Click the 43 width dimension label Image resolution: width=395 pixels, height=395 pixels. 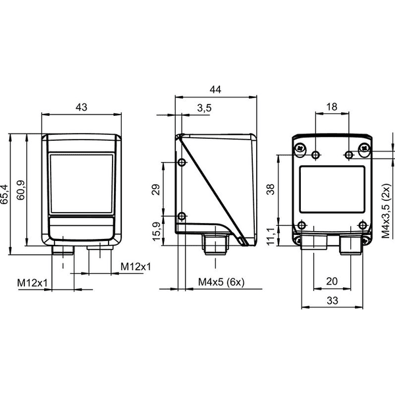pos(82,107)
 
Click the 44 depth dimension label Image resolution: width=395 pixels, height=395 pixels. pos(215,90)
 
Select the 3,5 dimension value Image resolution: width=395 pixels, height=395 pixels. pos(204,108)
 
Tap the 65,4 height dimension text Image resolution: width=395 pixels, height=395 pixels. pos(5,194)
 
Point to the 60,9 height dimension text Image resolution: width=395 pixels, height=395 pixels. pos(20,190)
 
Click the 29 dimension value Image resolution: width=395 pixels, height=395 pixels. pos(156,190)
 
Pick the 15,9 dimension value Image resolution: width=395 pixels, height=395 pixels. pos(156,231)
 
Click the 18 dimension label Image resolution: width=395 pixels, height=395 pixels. pos(332,107)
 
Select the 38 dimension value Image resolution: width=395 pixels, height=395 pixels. pos(271,190)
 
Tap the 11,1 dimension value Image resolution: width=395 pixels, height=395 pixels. pos(271,236)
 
